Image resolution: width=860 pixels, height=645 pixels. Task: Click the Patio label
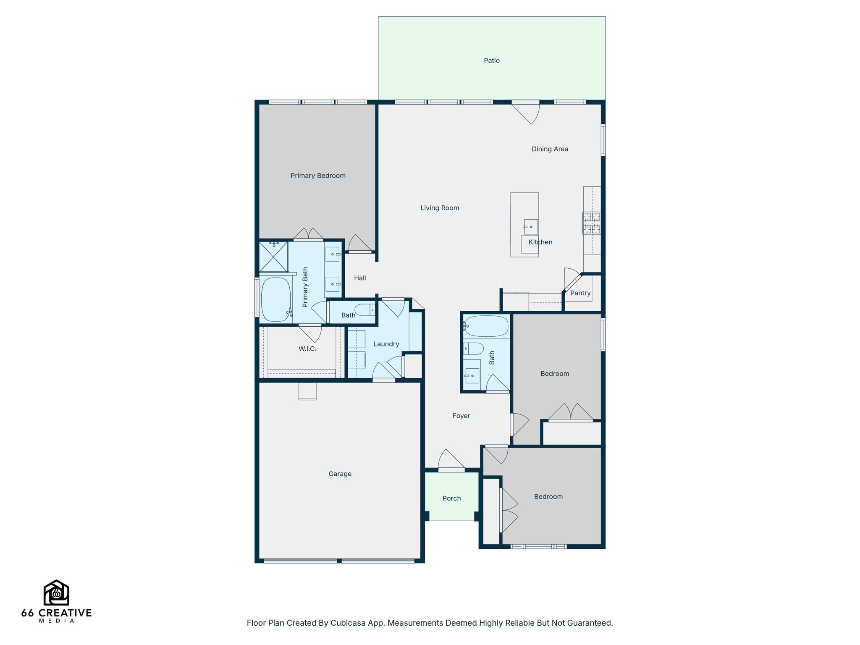click(x=491, y=60)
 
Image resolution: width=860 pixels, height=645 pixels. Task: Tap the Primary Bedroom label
click(x=318, y=176)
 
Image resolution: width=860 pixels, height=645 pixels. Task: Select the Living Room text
click(x=440, y=208)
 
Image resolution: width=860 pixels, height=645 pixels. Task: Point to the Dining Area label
click(x=550, y=149)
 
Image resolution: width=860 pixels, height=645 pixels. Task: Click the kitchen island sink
click(x=530, y=227)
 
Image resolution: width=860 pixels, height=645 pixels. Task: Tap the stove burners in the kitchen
click(x=591, y=223)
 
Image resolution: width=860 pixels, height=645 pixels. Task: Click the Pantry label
click(x=580, y=293)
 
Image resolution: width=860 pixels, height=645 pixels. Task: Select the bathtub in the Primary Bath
click(x=276, y=299)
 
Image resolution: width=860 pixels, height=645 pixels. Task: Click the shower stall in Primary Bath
click(x=273, y=256)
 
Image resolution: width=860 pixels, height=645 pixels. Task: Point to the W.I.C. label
click(x=307, y=349)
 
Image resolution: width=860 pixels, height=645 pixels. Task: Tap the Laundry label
click(x=386, y=344)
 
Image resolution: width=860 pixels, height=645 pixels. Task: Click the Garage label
click(x=340, y=474)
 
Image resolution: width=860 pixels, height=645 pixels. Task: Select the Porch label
click(x=451, y=498)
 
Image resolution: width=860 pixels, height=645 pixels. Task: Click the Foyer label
click(x=461, y=416)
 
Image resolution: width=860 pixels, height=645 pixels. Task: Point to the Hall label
click(x=360, y=278)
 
